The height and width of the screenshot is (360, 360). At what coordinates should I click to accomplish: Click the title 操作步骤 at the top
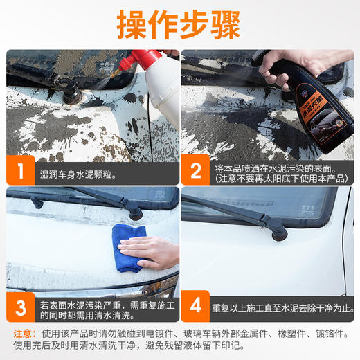point(179,25)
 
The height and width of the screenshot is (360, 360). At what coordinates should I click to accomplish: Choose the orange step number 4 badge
point(197,305)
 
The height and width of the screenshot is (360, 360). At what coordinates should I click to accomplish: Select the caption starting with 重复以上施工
point(284,305)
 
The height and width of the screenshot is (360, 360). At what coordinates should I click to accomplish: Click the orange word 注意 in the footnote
point(23,332)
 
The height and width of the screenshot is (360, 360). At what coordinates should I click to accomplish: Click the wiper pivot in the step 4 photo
point(277,233)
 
